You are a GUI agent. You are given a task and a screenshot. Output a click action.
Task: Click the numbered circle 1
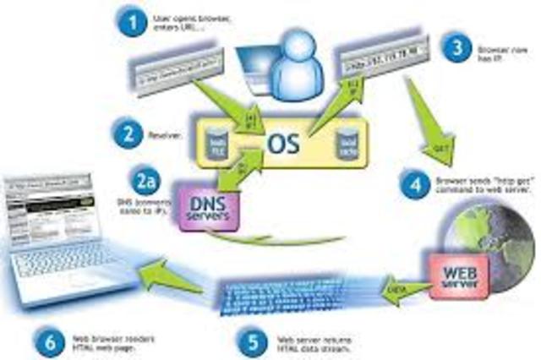coord(130,20)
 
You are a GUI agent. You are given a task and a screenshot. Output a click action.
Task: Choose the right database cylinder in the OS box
coord(347,140)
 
